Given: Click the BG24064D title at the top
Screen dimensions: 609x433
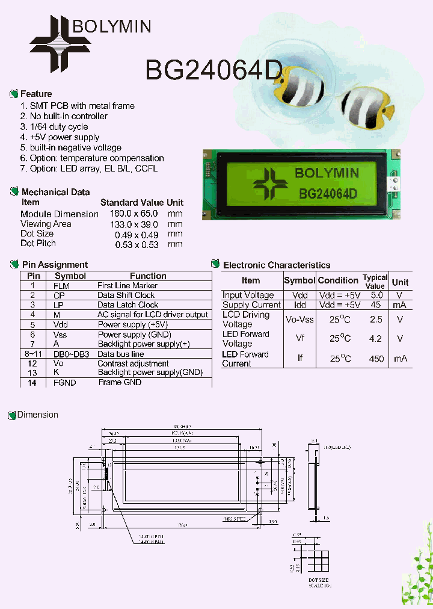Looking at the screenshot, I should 213,70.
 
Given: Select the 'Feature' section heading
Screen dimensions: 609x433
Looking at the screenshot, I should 36,94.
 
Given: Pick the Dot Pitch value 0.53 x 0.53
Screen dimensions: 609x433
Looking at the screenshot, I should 137,244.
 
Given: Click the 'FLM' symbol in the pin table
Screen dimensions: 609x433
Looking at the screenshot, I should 61,286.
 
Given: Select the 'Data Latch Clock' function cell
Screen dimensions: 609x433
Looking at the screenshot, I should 127,305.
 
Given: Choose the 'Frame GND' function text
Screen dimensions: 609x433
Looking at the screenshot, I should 120,382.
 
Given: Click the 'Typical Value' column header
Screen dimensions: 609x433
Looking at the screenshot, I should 375,282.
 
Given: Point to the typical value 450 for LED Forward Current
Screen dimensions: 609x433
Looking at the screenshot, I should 376,359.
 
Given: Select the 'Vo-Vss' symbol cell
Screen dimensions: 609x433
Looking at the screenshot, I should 299,320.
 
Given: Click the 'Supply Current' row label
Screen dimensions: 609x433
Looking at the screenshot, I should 251,305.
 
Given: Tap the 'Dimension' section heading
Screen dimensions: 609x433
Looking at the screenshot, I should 37,415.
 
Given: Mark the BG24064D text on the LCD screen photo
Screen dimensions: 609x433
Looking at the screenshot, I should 328,193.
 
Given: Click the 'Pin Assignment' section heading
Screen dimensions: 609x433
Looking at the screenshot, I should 54,265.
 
